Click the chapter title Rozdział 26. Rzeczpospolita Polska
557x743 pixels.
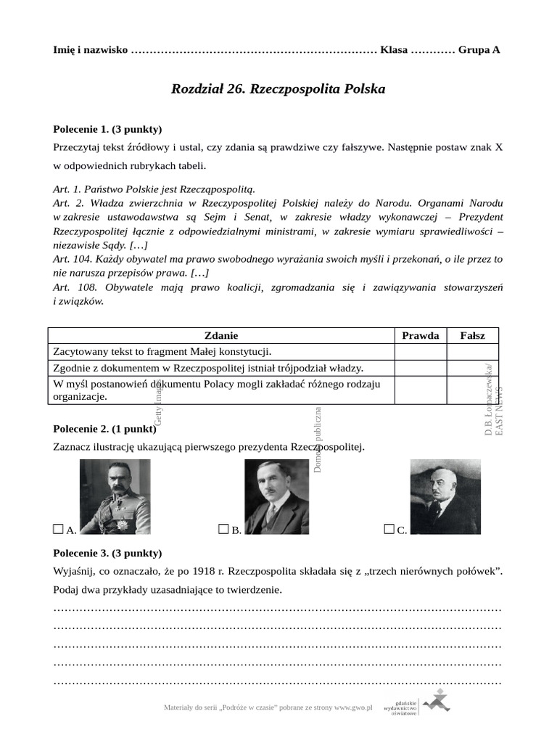coord(278,89)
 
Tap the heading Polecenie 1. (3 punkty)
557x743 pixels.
coord(107,129)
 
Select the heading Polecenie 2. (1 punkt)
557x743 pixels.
coord(104,428)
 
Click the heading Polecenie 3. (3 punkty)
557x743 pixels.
coord(107,553)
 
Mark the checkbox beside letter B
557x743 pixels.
coord(223,530)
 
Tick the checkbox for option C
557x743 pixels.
coord(389,530)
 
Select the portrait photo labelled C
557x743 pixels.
coord(445,497)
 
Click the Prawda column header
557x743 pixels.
coord(421,335)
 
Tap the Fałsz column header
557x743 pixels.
coord(473,335)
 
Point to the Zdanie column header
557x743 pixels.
coord(221,335)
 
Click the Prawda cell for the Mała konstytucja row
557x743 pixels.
coord(421,352)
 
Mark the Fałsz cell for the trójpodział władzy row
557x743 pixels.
coord(473,368)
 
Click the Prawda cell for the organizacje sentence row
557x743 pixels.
coord(421,390)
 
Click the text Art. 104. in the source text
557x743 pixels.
coord(73,258)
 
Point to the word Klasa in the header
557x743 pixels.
coord(394,50)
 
